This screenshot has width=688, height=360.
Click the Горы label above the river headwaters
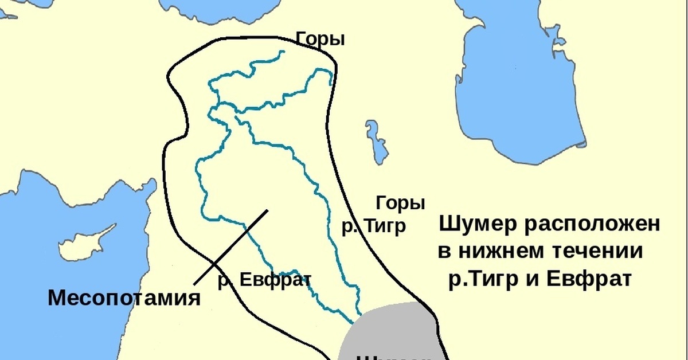tap(320, 40)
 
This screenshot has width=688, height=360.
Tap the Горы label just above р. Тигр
tap(400, 204)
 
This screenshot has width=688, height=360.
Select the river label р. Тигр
tap(374, 226)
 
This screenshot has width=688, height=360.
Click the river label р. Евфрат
tap(264, 280)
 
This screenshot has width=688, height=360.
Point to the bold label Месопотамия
tap(124, 298)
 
